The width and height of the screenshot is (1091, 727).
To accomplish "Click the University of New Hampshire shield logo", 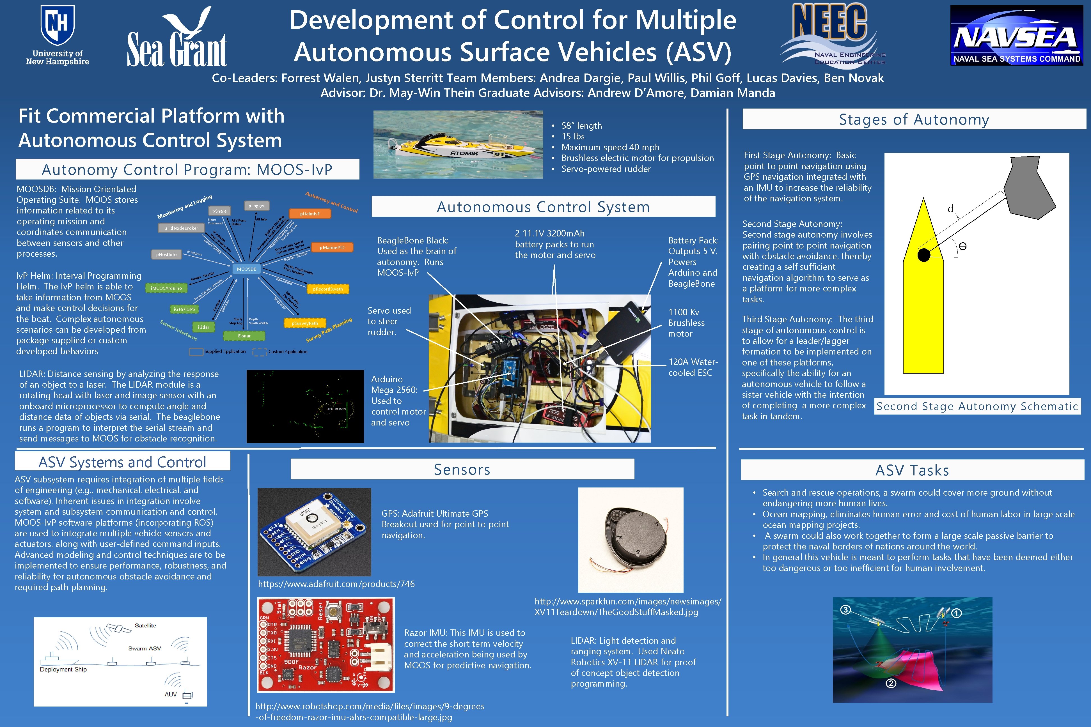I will [x=58, y=24].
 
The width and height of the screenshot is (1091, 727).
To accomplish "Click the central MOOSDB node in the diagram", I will [x=246, y=269].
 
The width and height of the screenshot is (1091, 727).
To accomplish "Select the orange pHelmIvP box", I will [x=310, y=214].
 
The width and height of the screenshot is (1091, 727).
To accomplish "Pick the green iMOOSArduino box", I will [x=166, y=288].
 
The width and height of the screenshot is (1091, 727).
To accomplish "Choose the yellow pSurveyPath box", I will [x=305, y=323].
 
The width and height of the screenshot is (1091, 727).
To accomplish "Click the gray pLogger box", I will [x=256, y=205].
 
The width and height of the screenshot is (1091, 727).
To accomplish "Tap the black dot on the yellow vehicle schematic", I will [x=923, y=255].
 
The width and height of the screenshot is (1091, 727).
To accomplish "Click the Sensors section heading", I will [x=462, y=469].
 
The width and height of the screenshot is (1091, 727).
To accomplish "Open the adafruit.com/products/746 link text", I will [x=336, y=584].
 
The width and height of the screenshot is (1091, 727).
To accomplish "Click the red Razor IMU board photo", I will [x=326, y=645].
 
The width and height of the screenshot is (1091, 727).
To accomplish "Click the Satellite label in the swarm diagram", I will [x=145, y=625].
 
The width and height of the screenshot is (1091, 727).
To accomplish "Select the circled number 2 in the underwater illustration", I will [x=891, y=683].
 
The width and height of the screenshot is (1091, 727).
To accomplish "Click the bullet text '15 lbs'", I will [x=573, y=136].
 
